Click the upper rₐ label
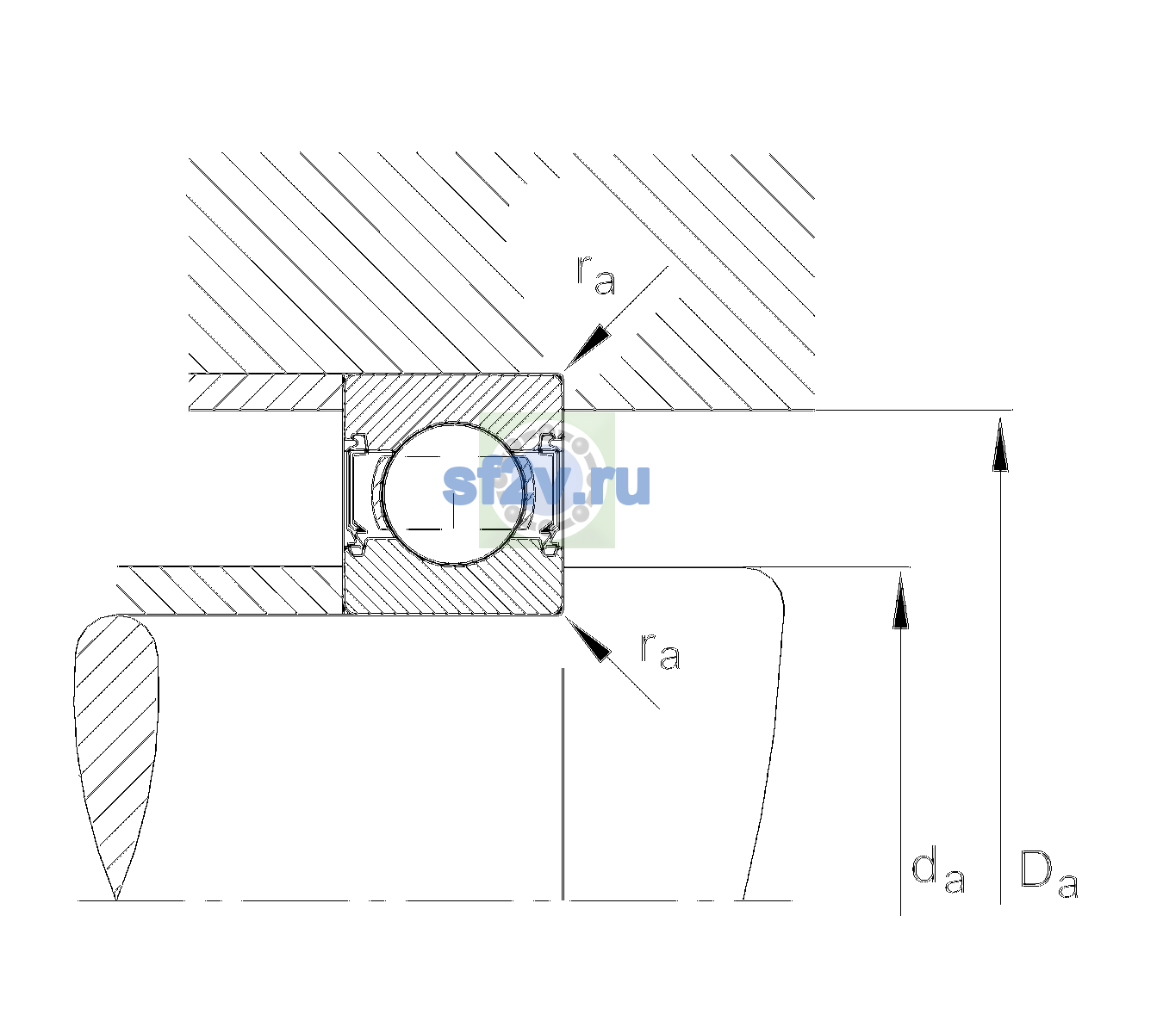(596, 275)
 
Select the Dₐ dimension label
(1048, 874)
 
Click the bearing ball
(453, 494)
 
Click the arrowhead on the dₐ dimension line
(900, 600)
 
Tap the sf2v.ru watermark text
(546, 486)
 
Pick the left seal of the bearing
(356, 494)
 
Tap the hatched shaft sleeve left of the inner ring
(230, 591)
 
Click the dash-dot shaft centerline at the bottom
(435, 900)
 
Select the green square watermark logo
(547, 480)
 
